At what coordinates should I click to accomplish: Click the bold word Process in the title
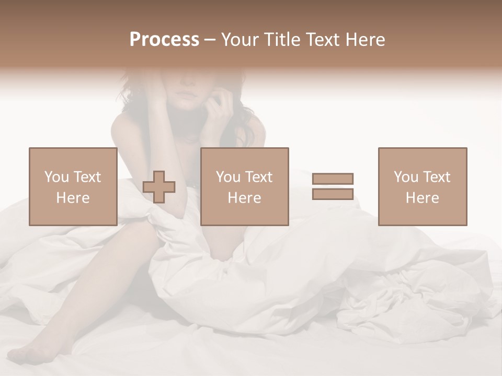(164, 40)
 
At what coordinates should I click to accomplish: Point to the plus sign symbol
(159, 187)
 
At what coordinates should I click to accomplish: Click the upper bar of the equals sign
(333, 179)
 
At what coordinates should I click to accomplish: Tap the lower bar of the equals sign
(333, 194)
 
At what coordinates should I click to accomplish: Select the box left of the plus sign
(73, 186)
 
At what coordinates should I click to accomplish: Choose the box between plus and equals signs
(244, 186)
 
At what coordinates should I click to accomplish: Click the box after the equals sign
(422, 186)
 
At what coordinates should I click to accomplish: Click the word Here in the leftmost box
(73, 198)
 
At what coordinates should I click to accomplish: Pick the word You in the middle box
(228, 177)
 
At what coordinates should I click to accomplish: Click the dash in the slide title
(210, 40)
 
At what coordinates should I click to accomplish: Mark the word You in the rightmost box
(406, 177)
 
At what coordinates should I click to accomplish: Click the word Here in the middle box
(244, 198)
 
